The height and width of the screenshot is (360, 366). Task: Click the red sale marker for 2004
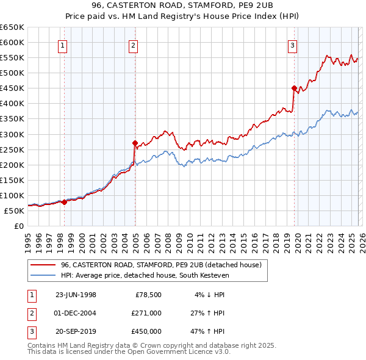(x=135, y=143)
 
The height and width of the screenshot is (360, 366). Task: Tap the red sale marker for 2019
(x=294, y=88)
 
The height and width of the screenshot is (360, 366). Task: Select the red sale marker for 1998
(x=65, y=201)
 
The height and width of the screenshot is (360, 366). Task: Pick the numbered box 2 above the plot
(x=133, y=45)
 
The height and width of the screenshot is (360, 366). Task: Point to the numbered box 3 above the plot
(x=293, y=45)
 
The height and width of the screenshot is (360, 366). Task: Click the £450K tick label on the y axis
(x=12, y=88)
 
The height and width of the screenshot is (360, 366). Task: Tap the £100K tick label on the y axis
(x=12, y=195)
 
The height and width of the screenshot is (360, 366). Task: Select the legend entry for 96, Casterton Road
(x=161, y=264)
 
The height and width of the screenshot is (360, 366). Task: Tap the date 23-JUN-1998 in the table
(x=76, y=295)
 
